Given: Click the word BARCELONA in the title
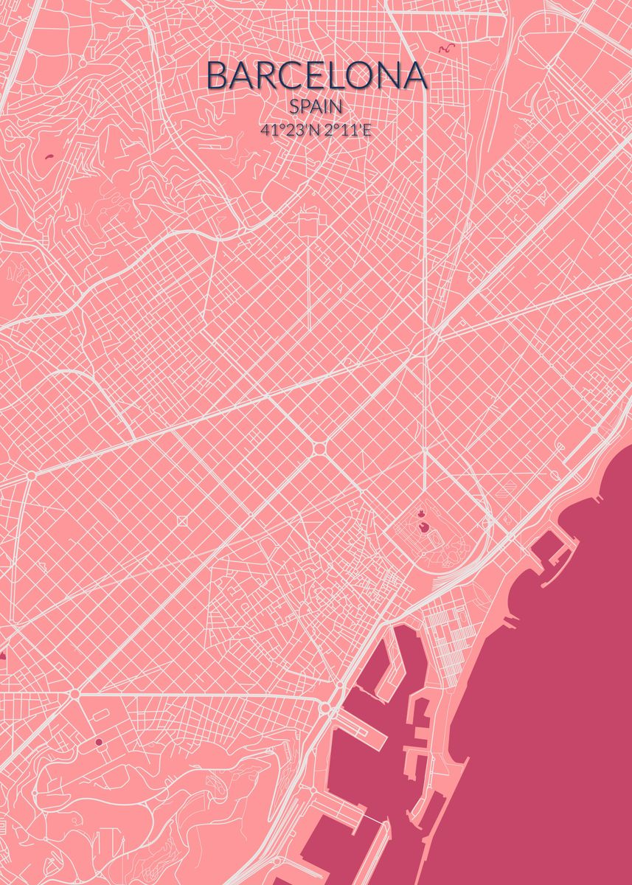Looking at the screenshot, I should coord(316,75).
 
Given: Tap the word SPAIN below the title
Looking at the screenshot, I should coord(316,106).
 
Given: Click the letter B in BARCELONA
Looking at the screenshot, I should coord(218,75).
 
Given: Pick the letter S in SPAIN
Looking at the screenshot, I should coord(296,106).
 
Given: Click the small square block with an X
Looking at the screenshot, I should coord(182,522).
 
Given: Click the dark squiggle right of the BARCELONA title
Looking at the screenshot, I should coord(447,49).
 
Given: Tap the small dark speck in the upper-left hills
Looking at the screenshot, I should coord(49,156).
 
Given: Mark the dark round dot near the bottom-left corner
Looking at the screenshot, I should coord(99,742).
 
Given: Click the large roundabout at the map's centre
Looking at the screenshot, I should coord(319,448).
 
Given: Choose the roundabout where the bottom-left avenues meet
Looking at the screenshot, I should coord(74,694).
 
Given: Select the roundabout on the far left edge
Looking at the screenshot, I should coord(30,476).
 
